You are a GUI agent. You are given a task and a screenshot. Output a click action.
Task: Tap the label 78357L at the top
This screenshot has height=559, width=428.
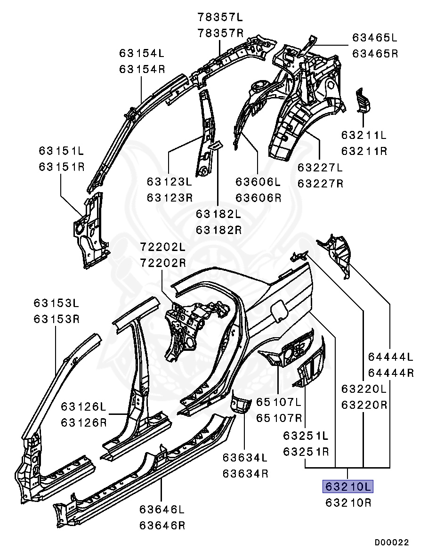pyautogui.click(x=220, y=18)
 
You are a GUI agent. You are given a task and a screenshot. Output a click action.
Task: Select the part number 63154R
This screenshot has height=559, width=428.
pyautogui.click(x=142, y=69)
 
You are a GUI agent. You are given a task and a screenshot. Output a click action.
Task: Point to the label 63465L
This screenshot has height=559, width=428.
pyautogui.click(x=375, y=38)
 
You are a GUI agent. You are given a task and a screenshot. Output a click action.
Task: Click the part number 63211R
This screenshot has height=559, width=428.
pyautogui.click(x=364, y=151)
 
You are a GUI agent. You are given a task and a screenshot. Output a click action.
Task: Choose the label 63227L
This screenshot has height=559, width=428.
pyautogui.click(x=320, y=168)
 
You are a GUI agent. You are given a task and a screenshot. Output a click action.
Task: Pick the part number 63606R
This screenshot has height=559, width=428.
pyautogui.click(x=258, y=197)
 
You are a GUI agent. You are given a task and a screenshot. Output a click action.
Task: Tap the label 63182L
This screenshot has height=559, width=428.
pyautogui.click(x=218, y=214)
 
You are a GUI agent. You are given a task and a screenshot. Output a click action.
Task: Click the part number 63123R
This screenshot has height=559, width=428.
pyautogui.click(x=169, y=197)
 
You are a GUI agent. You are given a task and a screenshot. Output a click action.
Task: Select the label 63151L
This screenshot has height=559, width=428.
pyautogui.click(x=61, y=151)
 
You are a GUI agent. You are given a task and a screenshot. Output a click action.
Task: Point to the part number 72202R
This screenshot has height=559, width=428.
pyautogui.click(x=162, y=263)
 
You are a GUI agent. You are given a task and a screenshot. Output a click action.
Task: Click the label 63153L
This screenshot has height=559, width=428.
pyautogui.click(x=56, y=303)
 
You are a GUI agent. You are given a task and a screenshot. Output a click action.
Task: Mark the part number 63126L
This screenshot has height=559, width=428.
pyautogui.click(x=83, y=406)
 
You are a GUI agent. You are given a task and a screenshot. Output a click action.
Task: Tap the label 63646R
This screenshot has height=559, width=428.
pyautogui.click(x=162, y=525)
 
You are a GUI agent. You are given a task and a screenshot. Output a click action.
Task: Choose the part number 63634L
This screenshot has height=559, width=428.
pyautogui.click(x=245, y=457)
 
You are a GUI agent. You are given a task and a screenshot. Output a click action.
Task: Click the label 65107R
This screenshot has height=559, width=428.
pyautogui.click(x=279, y=418)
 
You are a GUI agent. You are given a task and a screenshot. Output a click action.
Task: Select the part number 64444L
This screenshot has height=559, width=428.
pyautogui.click(x=390, y=356)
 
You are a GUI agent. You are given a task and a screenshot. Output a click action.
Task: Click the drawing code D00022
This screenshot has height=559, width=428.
pyautogui.click(x=392, y=543)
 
